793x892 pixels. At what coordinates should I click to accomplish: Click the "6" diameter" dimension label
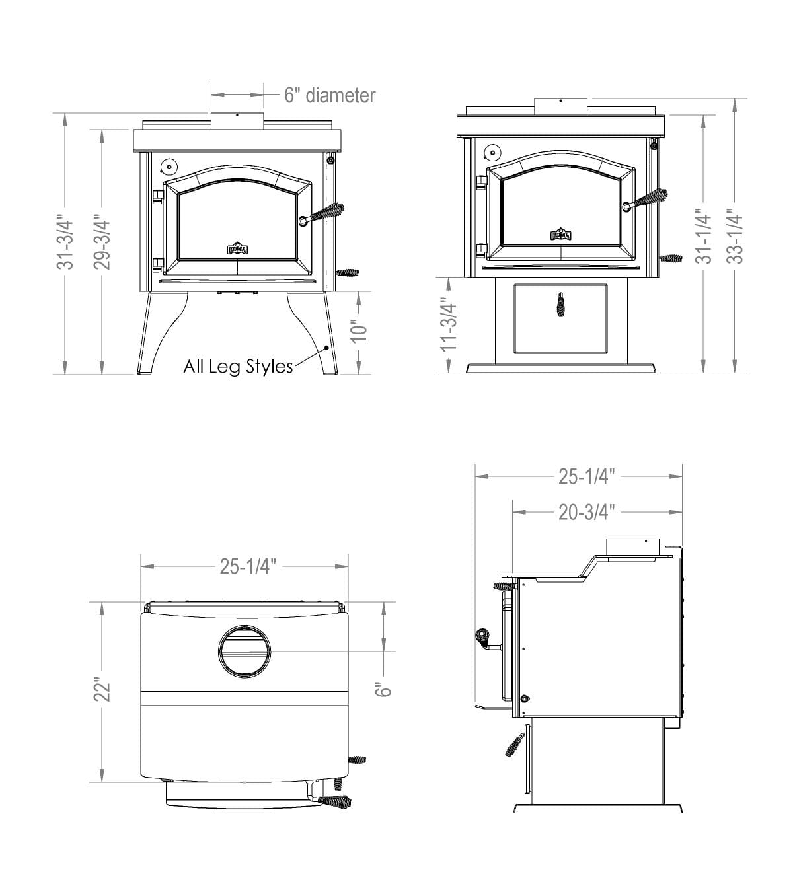coord(329,95)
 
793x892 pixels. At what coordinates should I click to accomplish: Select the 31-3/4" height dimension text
coord(65,242)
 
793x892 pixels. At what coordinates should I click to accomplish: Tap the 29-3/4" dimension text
coord(102,242)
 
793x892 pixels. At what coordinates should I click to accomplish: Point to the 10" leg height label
coord(358,332)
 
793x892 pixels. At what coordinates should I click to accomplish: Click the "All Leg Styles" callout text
coord(238,367)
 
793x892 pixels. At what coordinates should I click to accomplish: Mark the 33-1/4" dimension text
coord(736,237)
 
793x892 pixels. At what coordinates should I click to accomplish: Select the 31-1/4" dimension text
coord(704,237)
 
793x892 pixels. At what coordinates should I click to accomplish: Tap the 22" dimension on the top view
coord(102,690)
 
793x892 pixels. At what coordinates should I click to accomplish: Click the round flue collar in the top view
coord(244,651)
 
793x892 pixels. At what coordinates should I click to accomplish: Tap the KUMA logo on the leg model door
coord(237,248)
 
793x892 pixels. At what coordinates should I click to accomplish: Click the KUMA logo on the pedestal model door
coord(560,235)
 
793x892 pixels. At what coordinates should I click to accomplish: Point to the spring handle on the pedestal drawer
coord(560,305)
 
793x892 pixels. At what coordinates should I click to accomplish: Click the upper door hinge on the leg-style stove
coord(157,196)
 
